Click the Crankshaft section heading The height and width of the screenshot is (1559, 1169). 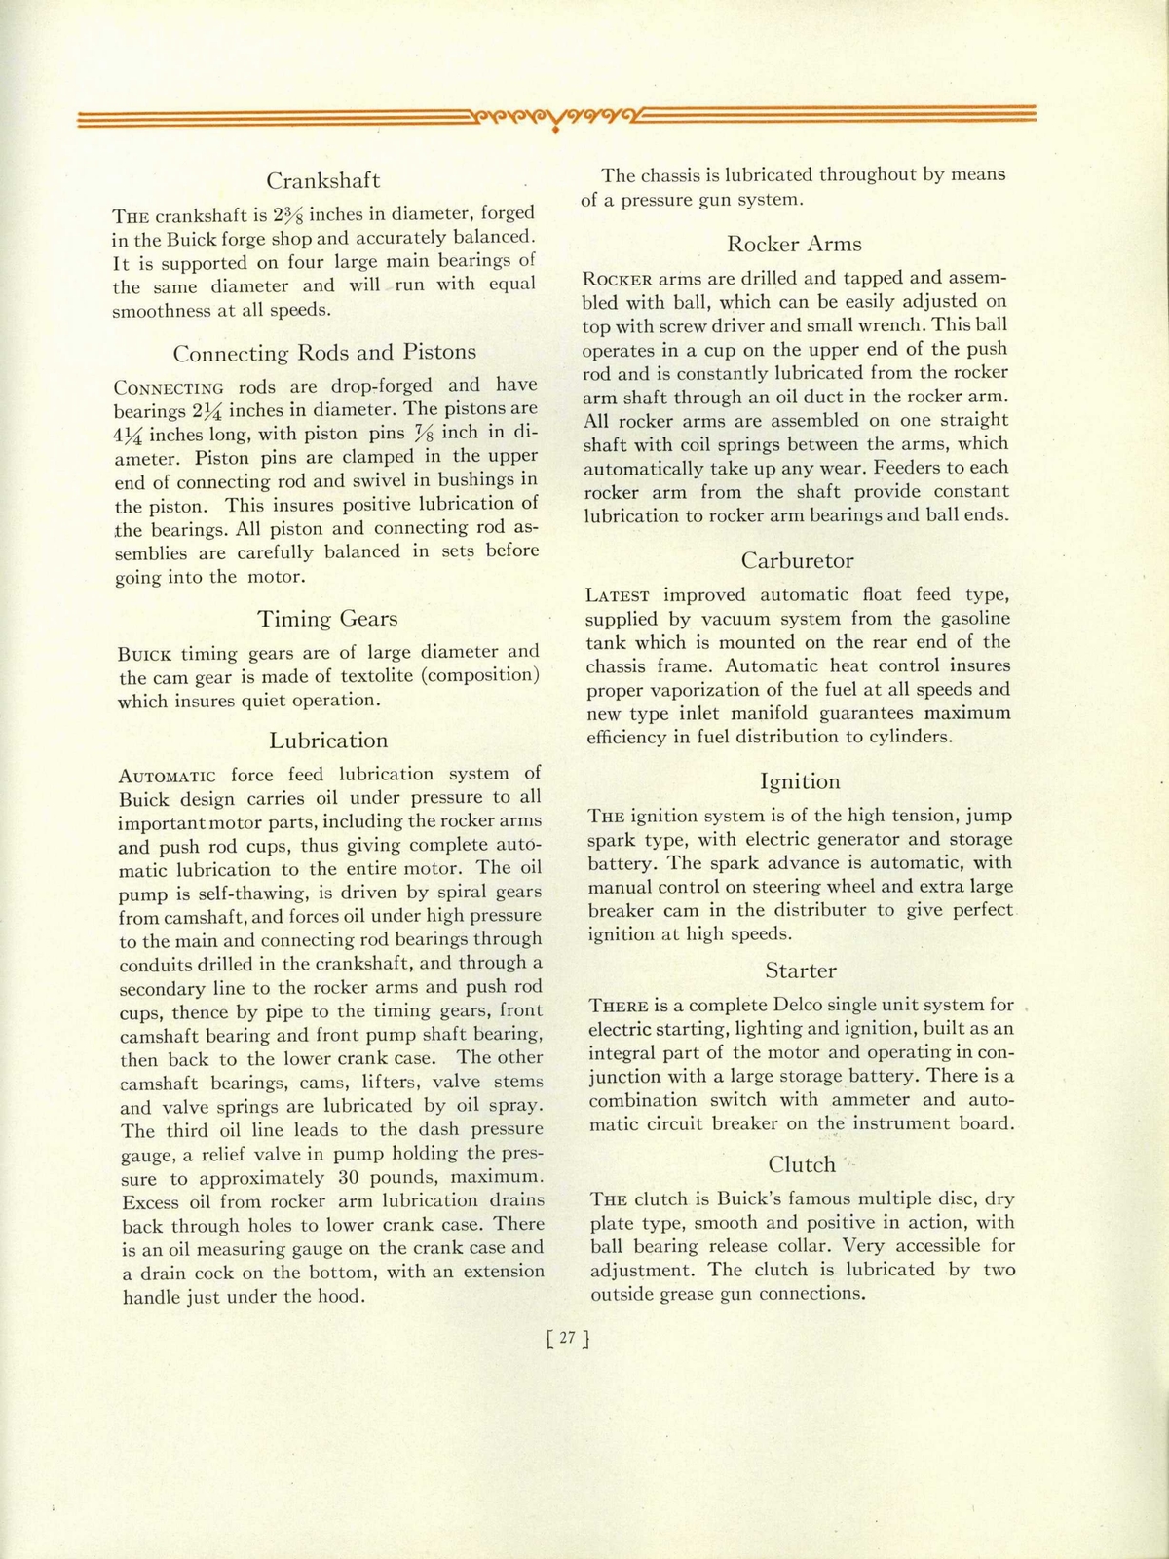pos(323,181)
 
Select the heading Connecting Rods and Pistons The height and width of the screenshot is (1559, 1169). pos(324,353)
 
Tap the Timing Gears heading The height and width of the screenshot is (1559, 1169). pos(327,619)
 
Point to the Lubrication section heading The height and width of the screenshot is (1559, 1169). pos(328,741)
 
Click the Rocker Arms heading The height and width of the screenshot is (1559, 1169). pos(794,245)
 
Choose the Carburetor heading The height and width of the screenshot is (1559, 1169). pos(797,561)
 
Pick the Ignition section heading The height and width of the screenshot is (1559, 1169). pos(799,781)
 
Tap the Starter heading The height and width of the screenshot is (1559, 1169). pos(800,970)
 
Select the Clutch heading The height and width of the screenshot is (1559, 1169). pos(802,1164)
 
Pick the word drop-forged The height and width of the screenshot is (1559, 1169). pos(378,386)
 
